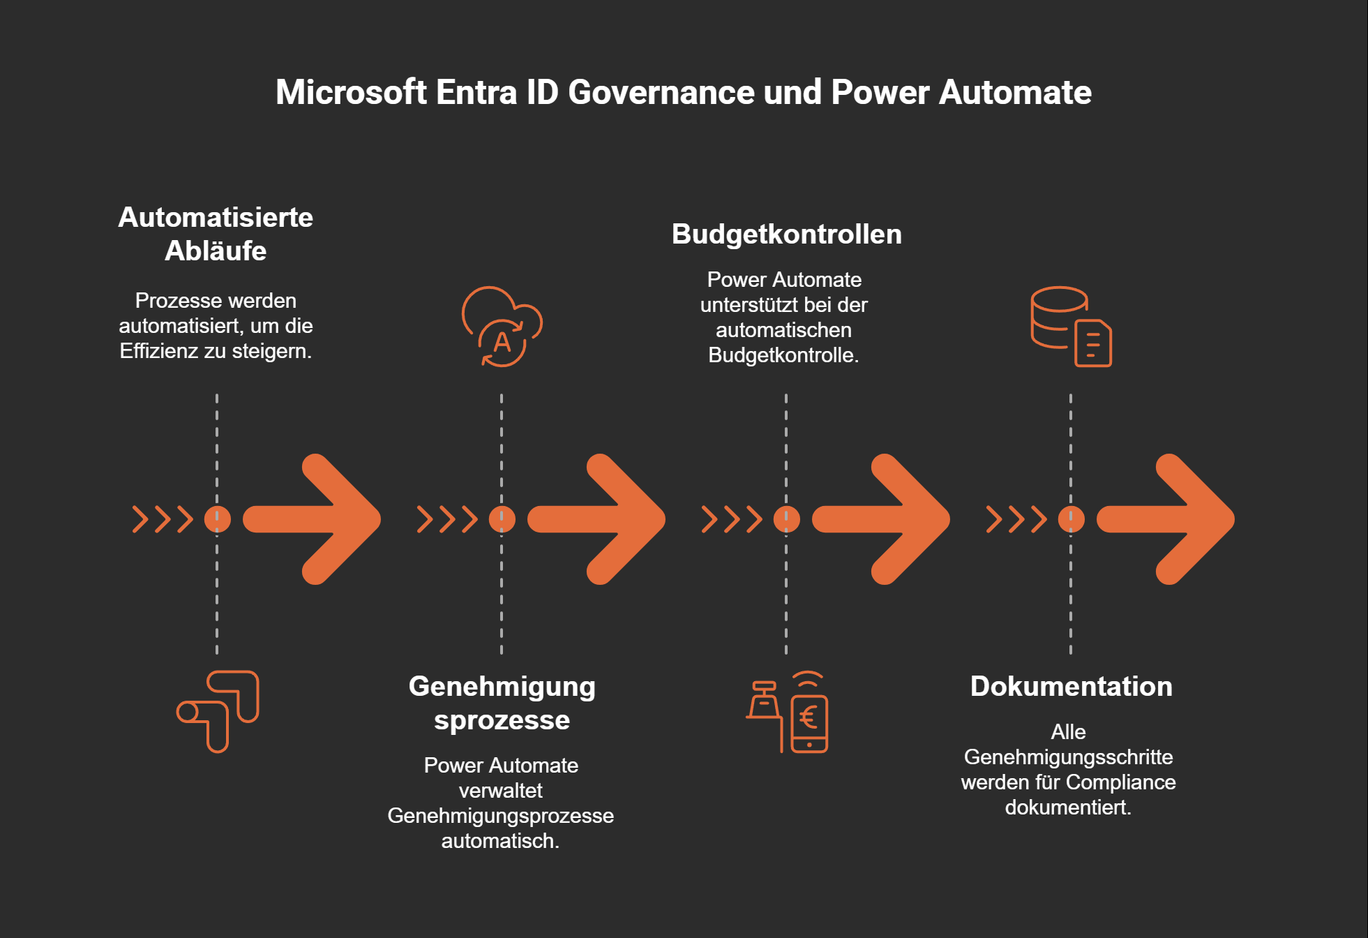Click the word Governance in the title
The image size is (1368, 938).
click(x=661, y=92)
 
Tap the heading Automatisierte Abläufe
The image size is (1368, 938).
click(x=216, y=234)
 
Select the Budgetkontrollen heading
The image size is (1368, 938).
click(x=786, y=234)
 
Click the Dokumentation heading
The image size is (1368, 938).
click(x=1071, y=687)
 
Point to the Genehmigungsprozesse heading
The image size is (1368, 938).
click(x=502, y=703)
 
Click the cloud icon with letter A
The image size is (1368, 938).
click(x=502, y=327)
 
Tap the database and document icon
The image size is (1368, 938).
click(x=1071, y=327)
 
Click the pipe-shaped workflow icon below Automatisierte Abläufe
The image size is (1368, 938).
click(x=218, y=711)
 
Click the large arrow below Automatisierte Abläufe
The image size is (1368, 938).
click(x=314, y=519)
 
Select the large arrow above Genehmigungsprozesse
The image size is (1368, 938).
click(x=599, y=519)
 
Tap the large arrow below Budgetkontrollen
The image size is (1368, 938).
click(x=883, y=519)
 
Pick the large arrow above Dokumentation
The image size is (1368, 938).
click(x=1168, y=519)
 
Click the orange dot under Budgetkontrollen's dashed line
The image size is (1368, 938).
click(x=786, y=519)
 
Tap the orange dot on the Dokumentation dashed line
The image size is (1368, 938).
click(x=1071, y=519)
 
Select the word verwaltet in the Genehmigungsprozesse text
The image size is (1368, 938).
click(x=501, y=791)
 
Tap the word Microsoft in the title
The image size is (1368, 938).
click(x=351, y=92)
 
